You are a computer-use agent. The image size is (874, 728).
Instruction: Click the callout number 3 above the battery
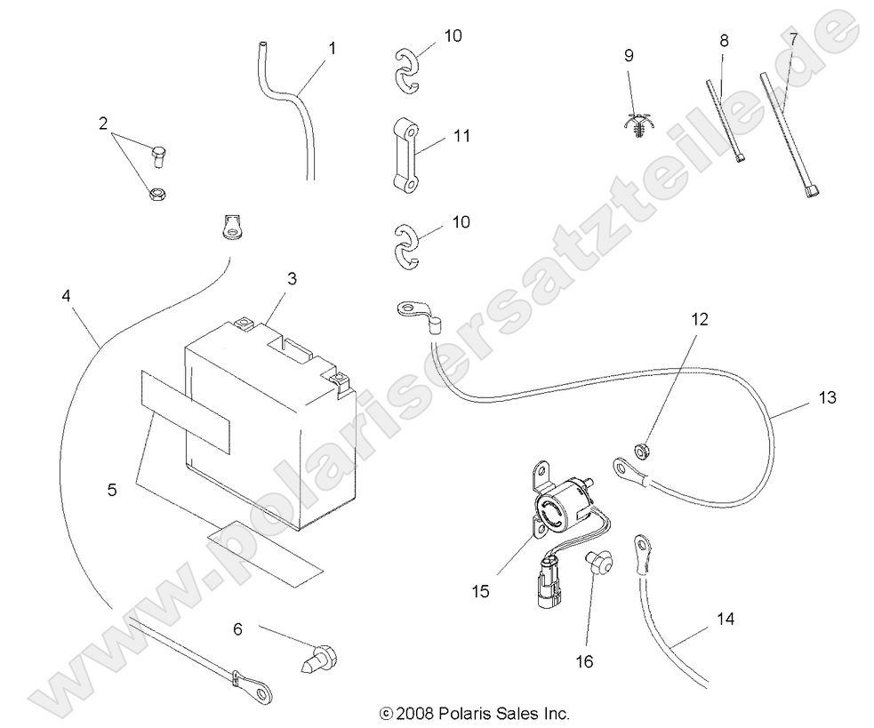click(293, 279)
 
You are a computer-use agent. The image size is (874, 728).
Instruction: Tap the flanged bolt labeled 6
click(318, 659)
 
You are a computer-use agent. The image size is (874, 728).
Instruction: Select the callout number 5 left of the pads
click(111, 490)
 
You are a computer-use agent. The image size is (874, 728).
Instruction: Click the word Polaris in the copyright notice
click(471, 713)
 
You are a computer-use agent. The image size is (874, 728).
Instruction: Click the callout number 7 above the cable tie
click(793, 40)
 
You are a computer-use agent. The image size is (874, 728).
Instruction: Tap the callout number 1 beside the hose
click(332, 47)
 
